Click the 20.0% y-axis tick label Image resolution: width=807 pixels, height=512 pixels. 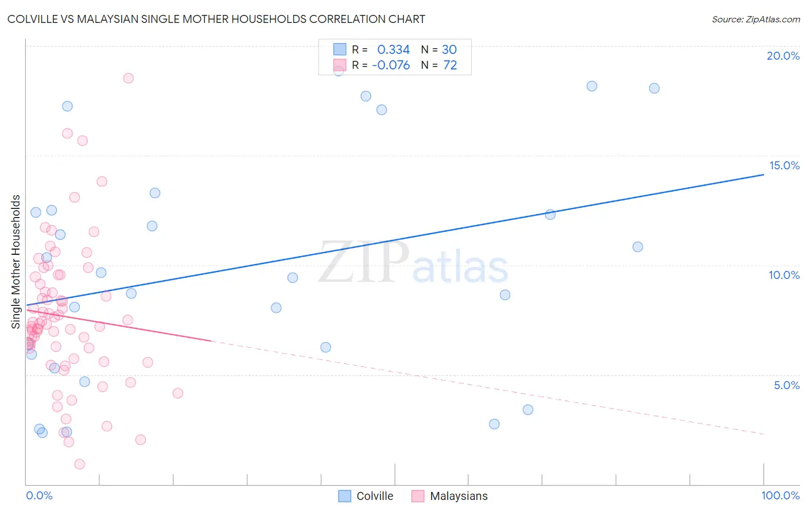783,56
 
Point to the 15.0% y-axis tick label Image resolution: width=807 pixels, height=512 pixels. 784,165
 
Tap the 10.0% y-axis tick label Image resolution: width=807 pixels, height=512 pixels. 784,275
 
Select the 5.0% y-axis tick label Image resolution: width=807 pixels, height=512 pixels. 786,385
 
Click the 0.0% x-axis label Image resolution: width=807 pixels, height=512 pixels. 39,495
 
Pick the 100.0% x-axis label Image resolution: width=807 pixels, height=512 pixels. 780,495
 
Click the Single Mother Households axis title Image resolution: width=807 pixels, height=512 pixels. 16,262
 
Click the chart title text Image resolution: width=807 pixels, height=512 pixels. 216,19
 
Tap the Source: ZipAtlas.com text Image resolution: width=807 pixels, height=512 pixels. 755,19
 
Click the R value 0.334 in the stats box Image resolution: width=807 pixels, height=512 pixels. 393,49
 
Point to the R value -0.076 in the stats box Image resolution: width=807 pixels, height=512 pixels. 391,65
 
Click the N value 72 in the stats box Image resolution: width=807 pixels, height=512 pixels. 450,65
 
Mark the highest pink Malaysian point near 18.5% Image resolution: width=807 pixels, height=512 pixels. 128,78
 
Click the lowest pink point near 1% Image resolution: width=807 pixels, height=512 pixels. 80,464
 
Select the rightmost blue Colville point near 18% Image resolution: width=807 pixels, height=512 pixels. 654,88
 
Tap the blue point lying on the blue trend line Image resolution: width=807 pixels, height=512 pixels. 550,215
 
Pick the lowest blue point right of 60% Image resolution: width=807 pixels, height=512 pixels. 494,424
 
